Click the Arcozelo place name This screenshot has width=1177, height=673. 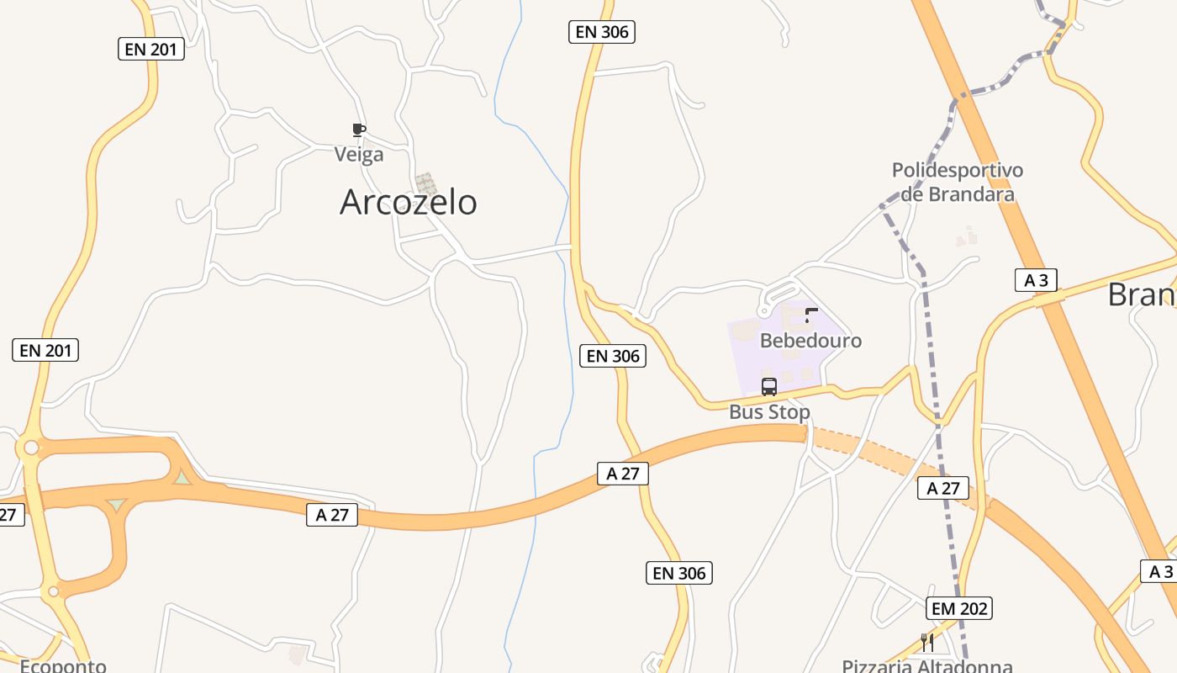pyautogui.click(x=408, y=203)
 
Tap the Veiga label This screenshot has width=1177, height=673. pyautogui.click(x=359, y=155)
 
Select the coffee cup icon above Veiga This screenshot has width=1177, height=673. pyautogui.click(x=359, y=130)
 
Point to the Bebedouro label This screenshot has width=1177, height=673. pyautogui.click(x=810, y=341)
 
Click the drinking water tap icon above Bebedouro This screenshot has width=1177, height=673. pyautogui.click(x=810, y=315)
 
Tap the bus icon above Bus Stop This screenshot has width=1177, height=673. pyautogui.click(x=769, y=387)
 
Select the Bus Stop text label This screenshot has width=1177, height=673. pyautogui.click(x=769, y=412)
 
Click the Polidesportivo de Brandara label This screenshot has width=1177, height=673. pyautogui.click(x=958, y=182)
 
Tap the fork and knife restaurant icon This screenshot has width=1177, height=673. pyautogui.click(x=927, y=643)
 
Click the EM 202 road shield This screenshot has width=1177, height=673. pyautogui.click(x=960, y=608)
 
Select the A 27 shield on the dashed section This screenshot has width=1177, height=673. pyautogui.click(x=943, y=488)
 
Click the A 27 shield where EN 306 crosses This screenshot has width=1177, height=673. pyautogui.click(x=623, y=474)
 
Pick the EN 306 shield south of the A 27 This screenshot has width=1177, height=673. pyautogui.click(x=680, y=574)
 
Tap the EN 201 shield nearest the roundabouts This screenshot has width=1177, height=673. pyautogui.click(x=45, y=350)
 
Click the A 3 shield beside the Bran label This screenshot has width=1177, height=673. pyautogui.click(x=1036, y=280)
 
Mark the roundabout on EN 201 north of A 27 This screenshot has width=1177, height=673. pyautogui.click(x=31, y=448)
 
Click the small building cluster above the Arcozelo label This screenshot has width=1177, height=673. pyautogui.click(x=426, y=183)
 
